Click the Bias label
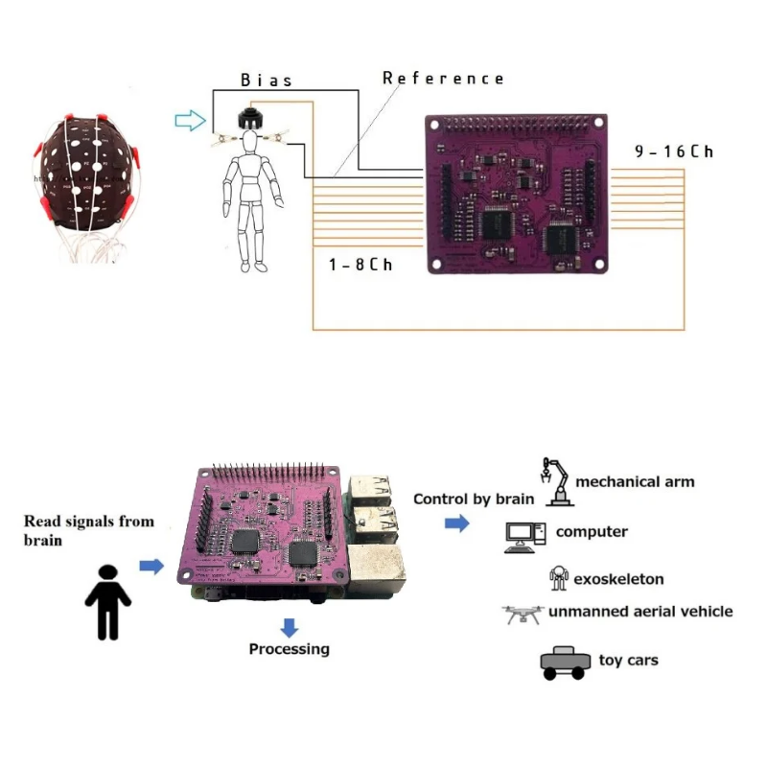click(x=266, y=81)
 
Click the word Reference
click(x=443, y=78)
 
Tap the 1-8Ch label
click(x=360, y=264)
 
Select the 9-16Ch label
click(x=674, y=151)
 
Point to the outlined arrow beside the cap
click(x=191, y=120)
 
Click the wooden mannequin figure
click(x=251, y=192)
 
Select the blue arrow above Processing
click(x=289, y=627)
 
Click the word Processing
click(x=289, y=649)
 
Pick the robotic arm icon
click(x=556, y=481)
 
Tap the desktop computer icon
click(x=524, y=537)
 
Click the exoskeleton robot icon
click(x=558, y=577)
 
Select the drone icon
click(x=523, y=614)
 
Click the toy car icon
click(x=563, y=662)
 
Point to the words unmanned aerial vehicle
click(x=640, y=611)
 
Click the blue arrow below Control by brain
click(x=456, y=523)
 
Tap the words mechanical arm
click(x=635, y=481)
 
